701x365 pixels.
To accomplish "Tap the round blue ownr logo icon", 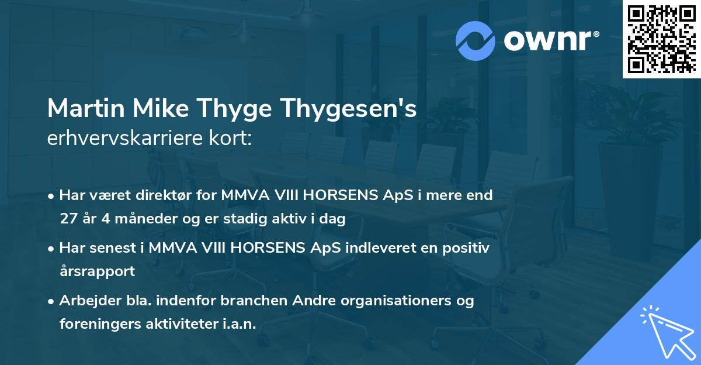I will coord(476,40).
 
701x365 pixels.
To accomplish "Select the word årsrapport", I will coord(97,271).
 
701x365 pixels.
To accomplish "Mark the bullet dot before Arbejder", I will coord(52,301).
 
